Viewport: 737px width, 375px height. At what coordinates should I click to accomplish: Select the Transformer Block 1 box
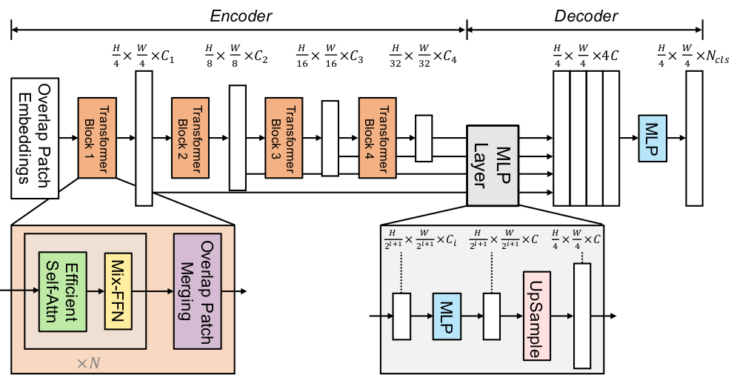coord(97,137)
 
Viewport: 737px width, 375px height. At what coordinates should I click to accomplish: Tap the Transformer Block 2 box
coord(191,137)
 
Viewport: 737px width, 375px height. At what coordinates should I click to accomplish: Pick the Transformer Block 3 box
coord(285,137)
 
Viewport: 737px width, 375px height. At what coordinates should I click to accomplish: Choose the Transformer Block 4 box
coord(378,137)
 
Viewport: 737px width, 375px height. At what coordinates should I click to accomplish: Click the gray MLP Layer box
coord(492,164)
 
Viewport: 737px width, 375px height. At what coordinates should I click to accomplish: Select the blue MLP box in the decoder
coord(653,138)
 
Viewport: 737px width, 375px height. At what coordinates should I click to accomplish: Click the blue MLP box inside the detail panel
coord(447,316)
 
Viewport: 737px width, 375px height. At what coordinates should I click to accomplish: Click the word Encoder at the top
coord(239,16)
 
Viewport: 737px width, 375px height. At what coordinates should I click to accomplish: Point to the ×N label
coord(90,362)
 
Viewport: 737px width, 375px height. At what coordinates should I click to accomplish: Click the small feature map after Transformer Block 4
coord(424,138)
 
